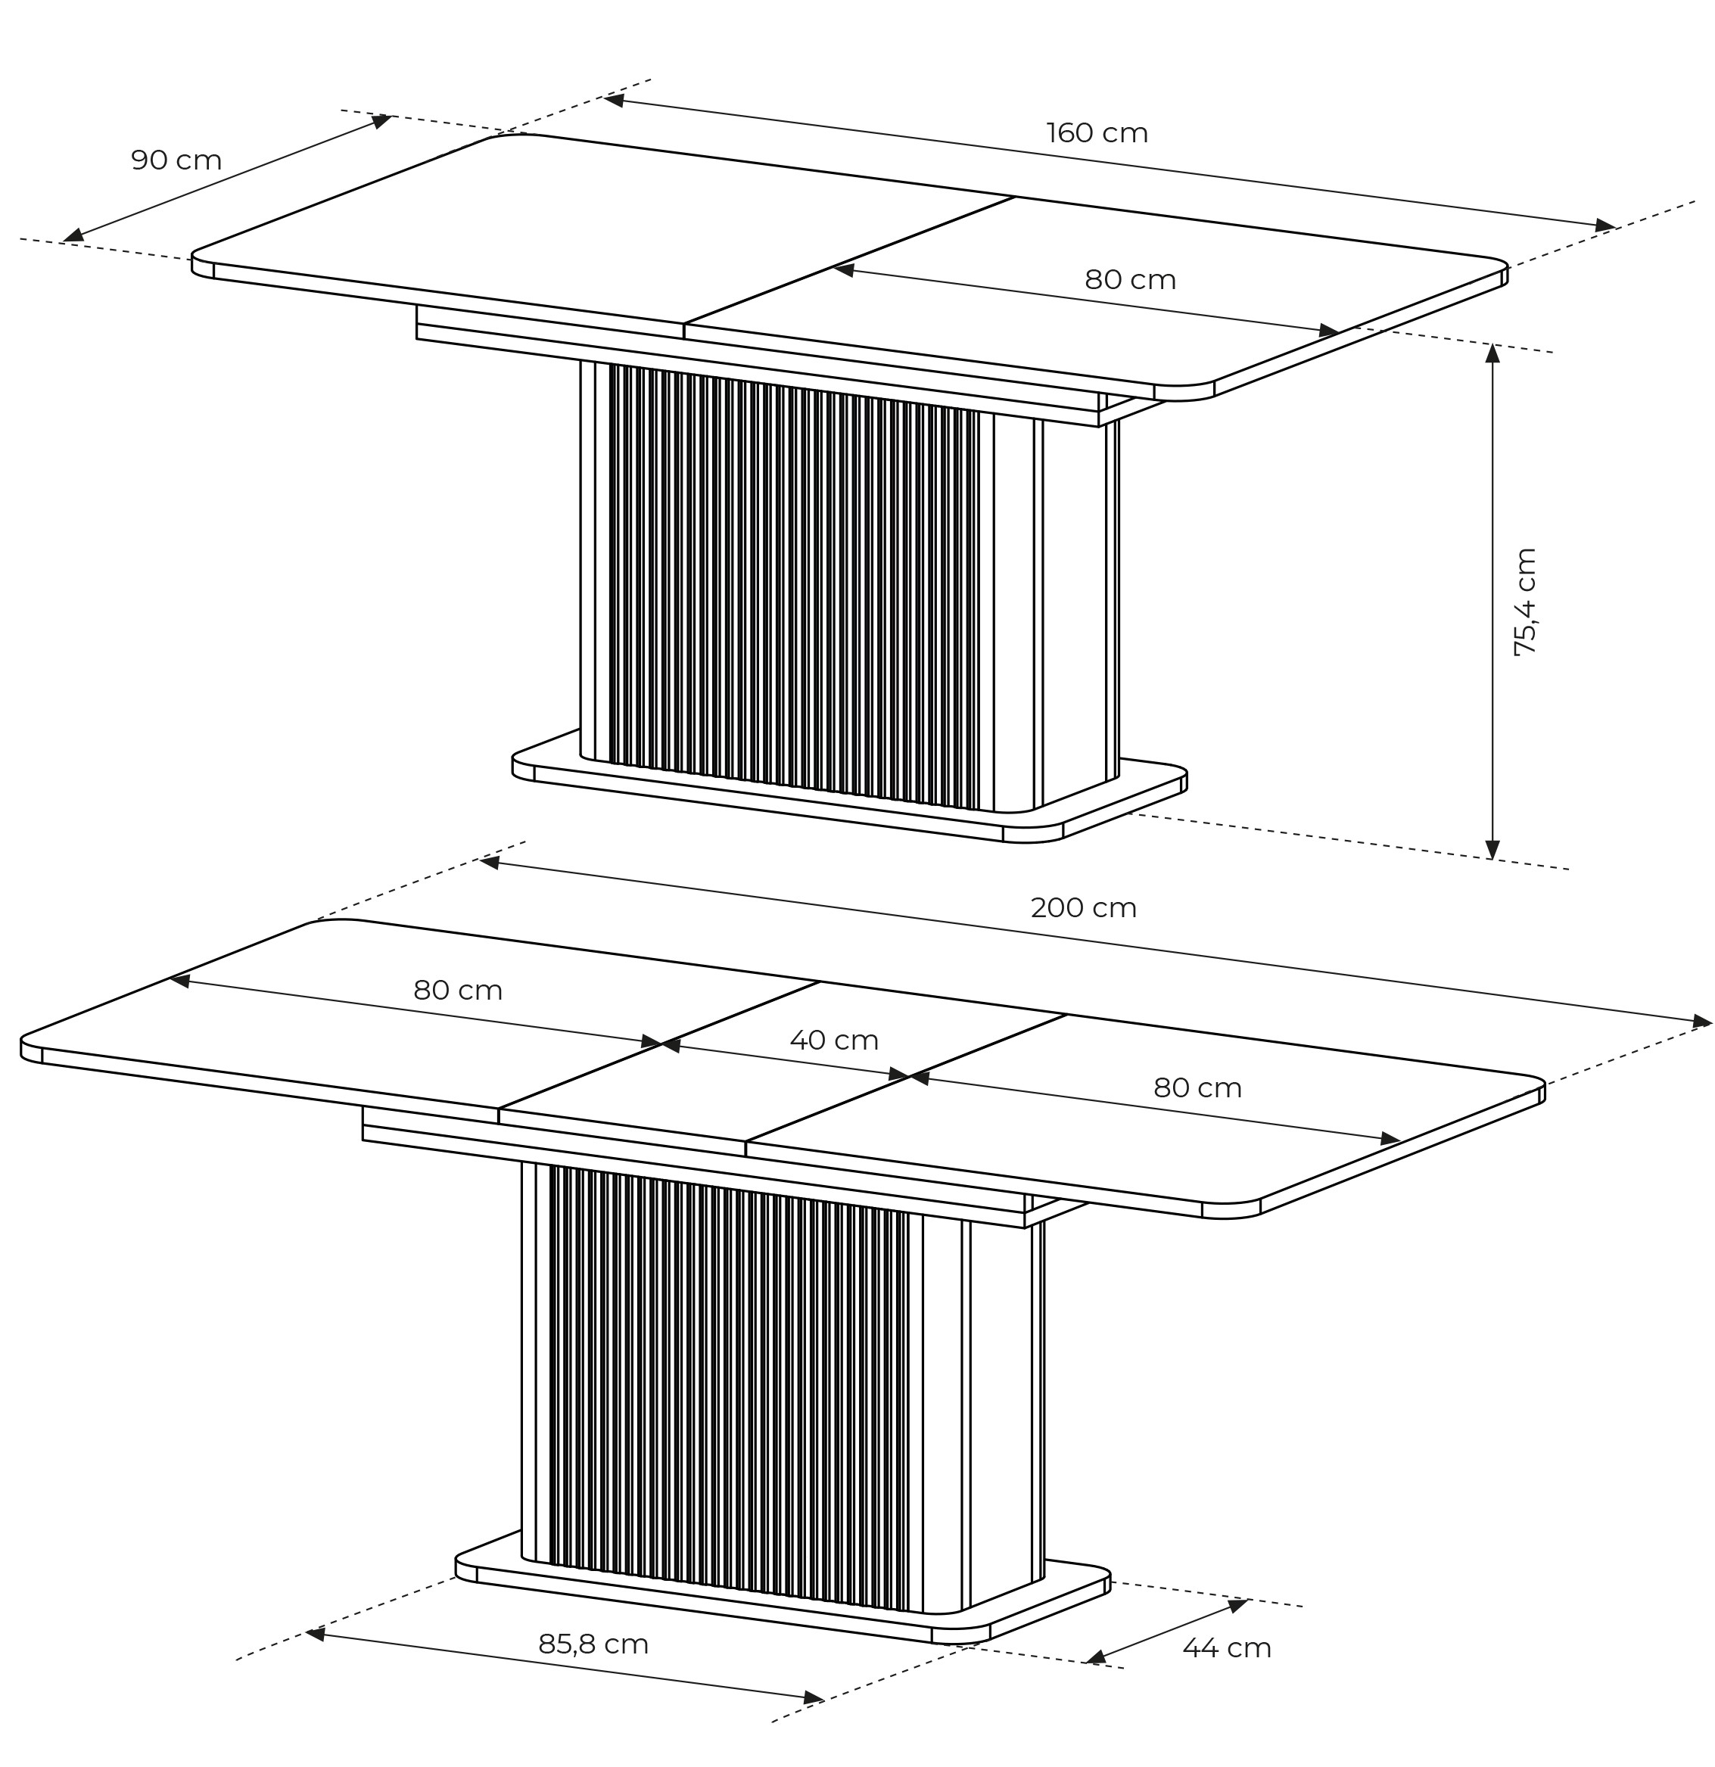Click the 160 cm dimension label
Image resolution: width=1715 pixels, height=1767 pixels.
tap(1097, 133)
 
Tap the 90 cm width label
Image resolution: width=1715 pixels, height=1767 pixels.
tap(177, 160)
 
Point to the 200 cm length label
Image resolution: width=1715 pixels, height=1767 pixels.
tap(1083, 908)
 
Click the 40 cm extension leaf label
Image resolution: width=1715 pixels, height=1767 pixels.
tap(834, 1041)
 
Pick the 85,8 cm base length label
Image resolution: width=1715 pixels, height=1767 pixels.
tap(593, 1644)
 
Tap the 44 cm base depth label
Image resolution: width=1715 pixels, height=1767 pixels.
tap(1226, 1648)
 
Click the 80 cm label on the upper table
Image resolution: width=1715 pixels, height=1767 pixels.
tap(1130, 281)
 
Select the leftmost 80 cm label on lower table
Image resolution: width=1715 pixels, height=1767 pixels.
tap(458, 991)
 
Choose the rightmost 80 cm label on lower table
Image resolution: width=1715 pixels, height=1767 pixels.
tap(1197, 1088)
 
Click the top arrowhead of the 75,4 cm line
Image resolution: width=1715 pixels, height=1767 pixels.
tap(1492, 353)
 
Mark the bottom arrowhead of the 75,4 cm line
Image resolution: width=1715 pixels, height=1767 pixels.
tap(1492, 849)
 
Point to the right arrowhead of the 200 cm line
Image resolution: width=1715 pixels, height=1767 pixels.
tap(1701, 1022)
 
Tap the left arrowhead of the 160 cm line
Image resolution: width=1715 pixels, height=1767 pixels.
tap(614, 100)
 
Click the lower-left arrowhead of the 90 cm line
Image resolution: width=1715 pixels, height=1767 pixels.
tap(73, 236)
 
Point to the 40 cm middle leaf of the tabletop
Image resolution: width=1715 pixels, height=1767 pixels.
tap(783, 1069)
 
